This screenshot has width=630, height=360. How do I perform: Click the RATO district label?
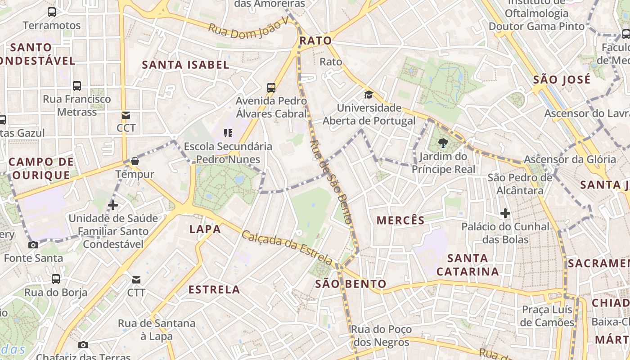click(x=315, y=40)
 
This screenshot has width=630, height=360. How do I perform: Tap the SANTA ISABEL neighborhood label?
click(x=186, y=65)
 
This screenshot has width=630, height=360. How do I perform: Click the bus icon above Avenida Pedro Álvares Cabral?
click(x=271, y=87)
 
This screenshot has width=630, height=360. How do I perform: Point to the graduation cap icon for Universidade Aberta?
click(x=369, y=94)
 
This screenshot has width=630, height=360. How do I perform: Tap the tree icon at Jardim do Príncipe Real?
click(x=443, y=144)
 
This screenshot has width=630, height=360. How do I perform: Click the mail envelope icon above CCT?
click(x=126, y=115)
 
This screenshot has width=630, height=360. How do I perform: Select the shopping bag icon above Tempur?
click(x=135, y=161)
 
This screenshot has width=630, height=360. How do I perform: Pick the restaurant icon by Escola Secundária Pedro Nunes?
click(x=228, y=133)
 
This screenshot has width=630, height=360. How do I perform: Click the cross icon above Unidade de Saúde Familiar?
click(x=113, y=205)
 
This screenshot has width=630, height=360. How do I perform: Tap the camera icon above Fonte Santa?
click(x=33, y=245)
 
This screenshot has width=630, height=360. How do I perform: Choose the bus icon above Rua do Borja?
click(x=56, y=279)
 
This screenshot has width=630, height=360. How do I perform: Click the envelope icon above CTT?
click(x=136, y=280)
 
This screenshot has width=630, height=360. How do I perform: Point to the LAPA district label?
click(x=205, y=229)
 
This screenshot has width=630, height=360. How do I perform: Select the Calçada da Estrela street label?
click(x=287, y=247)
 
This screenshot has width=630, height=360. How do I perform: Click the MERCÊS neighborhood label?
click(x=400, y=220)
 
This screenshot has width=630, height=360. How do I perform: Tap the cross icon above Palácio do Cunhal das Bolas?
click(x=505, y=213)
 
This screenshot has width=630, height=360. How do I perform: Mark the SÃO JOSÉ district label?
click(x=562, y=80)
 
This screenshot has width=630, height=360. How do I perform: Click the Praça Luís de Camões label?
click(x=547, y=316)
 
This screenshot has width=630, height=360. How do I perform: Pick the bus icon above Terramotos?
click(x=52, y=12)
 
